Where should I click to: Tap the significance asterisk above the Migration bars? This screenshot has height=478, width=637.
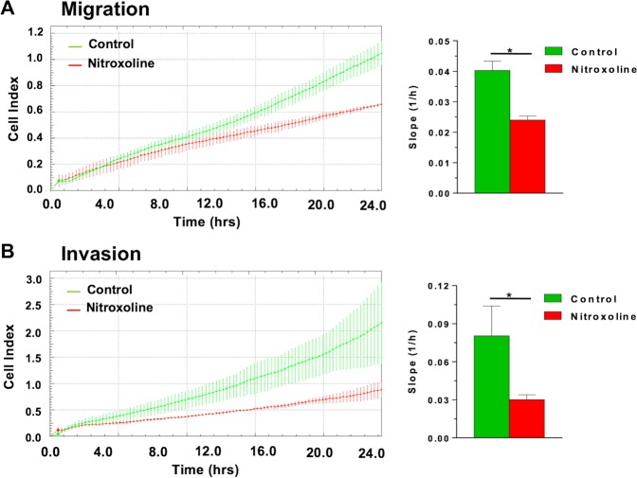[509, 49]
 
